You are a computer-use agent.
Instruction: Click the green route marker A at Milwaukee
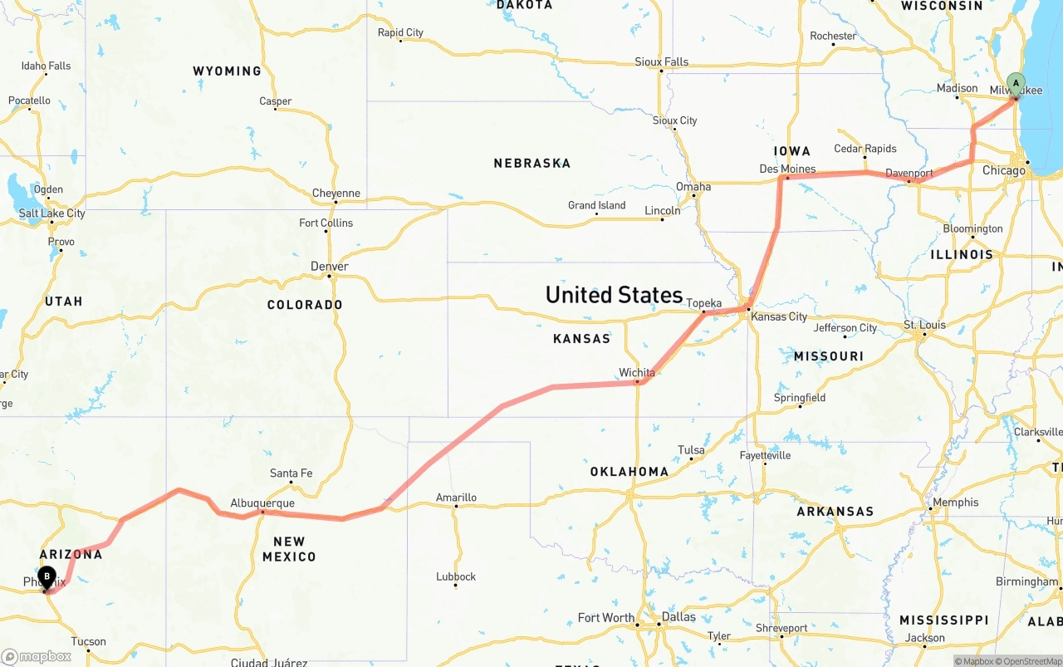click(x=1015, y=84)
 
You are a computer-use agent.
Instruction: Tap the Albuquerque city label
click(x=262, y=503)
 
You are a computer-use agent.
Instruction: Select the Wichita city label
click(x=637, y=372)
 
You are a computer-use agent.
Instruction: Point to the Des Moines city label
click(x=787, y=169)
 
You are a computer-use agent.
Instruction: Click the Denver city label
click(x=329, y=266)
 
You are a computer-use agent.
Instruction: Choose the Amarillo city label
click(x=456, y=498)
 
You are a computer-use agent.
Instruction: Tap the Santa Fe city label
click(x=291, y=473)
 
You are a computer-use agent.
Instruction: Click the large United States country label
click(x=614, y=295)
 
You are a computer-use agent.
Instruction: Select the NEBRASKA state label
click(x=531, y=164)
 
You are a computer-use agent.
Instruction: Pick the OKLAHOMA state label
click(x=629, y=472)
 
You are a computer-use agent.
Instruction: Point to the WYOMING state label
click(x=227, y=71)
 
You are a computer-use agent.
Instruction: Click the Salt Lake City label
click(x=51, y=213)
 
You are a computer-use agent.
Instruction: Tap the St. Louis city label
click(x=924, y=324)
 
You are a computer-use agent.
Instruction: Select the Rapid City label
click(x=400, y=32)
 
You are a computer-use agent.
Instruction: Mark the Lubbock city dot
click(x=455, y=586)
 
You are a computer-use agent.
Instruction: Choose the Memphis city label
click(x=955, y=502)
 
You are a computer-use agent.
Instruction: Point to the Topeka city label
click(x=704, y=303)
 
